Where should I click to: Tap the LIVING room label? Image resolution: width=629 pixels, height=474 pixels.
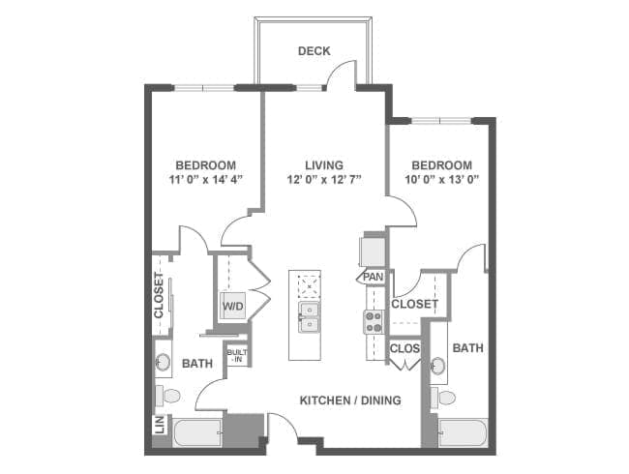(324, 165)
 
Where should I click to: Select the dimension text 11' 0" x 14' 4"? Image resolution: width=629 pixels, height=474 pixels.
(205, 180)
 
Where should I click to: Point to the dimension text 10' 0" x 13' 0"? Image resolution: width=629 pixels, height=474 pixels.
(440, 180)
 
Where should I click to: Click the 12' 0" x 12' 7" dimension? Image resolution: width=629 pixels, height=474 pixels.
(324, 180)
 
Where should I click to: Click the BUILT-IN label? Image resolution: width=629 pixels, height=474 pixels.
(237, 355)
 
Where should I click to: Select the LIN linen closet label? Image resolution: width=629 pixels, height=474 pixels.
(158, 424)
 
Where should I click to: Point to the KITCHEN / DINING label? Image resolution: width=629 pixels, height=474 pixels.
(350, 400)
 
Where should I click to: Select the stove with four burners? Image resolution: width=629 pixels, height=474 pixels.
(374, 321)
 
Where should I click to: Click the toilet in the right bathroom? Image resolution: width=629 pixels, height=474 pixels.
(444, 397)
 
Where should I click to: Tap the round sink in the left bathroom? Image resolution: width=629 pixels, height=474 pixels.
(163, 363)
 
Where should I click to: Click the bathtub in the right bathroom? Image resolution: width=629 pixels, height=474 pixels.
(463, 432)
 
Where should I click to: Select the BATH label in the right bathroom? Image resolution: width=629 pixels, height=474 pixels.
(467, 348)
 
